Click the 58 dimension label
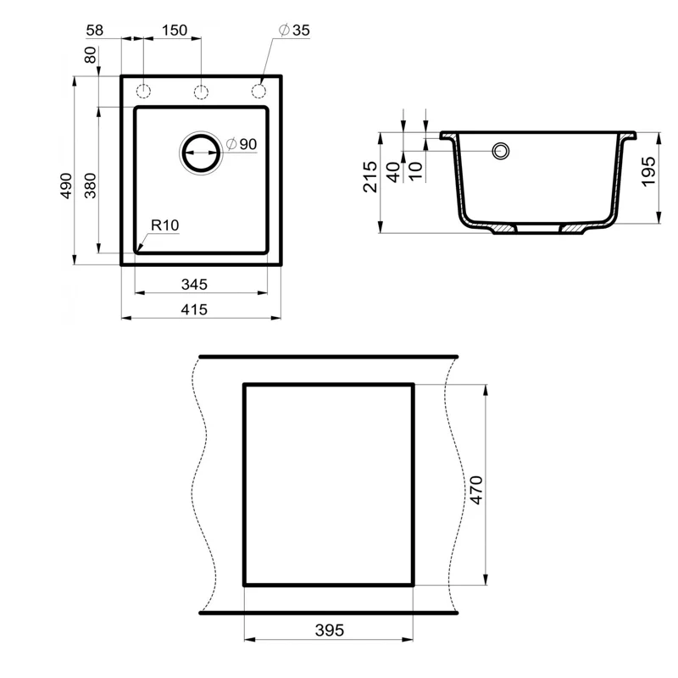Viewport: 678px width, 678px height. point(94,30)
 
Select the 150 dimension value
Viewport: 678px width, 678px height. point(174,30)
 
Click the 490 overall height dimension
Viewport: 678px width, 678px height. point(67,186)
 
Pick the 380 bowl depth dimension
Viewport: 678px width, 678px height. point(92,186)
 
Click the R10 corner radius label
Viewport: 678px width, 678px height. point(164,225)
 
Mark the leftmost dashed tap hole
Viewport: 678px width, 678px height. point(143,91)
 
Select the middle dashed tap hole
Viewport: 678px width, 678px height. point(201,91)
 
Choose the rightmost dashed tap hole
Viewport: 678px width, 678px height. point(258,91)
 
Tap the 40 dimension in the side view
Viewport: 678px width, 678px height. point(392,172)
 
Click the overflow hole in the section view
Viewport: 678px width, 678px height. point(501,152)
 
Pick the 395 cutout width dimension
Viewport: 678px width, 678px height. point(329,631)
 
